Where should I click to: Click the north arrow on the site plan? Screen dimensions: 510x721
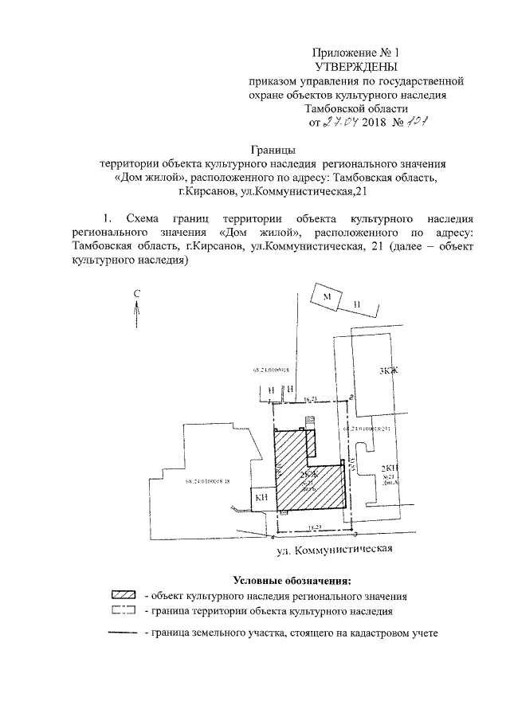click(x=136, y=315)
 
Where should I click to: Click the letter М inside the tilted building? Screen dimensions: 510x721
click(x=326, y=296)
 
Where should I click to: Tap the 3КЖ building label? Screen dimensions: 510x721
click(x=387, y=370)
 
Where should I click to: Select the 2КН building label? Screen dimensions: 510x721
click(x=389, y=468)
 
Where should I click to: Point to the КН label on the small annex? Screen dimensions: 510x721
click(x=261, y=497)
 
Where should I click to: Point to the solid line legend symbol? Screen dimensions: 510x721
click(x=124, y=633)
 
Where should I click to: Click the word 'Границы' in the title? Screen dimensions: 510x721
click(x=274, y=148)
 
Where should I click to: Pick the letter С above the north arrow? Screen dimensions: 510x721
click(x=136, y=294)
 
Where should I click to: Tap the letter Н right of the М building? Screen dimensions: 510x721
click(x=358, y=304)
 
